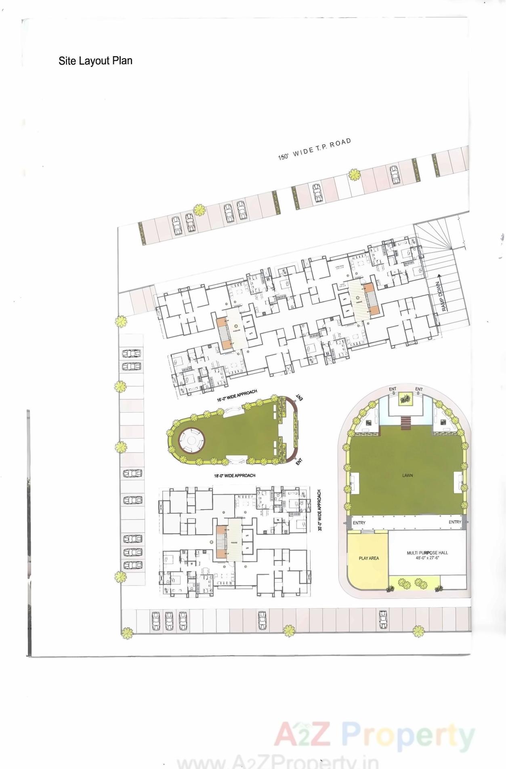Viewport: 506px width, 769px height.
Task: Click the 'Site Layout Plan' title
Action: click(x=95, y=61)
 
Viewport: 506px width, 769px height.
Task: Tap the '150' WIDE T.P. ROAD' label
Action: click(x=314, y=149)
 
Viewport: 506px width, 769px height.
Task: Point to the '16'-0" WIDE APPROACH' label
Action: click(x=237, y=396)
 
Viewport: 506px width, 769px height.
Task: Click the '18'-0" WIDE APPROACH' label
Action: click(x=235, y=476)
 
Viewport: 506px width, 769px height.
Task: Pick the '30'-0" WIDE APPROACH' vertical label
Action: click(x=319, y=510)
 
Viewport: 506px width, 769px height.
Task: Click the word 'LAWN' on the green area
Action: click(x=407, y=475)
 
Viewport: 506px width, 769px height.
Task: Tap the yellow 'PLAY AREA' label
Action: click(x=369, y=558)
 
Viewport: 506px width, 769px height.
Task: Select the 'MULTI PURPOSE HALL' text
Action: click(x=427, y=552)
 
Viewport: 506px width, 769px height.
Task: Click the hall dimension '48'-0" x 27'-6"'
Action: click(x=427, y=558)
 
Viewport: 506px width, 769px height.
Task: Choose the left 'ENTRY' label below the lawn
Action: click(x=359, y=522)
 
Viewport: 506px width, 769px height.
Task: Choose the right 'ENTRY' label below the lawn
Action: click(x=455, y=522)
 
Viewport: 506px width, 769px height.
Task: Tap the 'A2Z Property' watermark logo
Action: click(x=374, y=735)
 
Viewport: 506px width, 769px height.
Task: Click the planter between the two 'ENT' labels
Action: click(x=405, y=400)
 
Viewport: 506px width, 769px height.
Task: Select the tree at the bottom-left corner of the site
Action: click(x=127, y=633)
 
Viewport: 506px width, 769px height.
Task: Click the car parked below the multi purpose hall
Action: click(x=383, y=619)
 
